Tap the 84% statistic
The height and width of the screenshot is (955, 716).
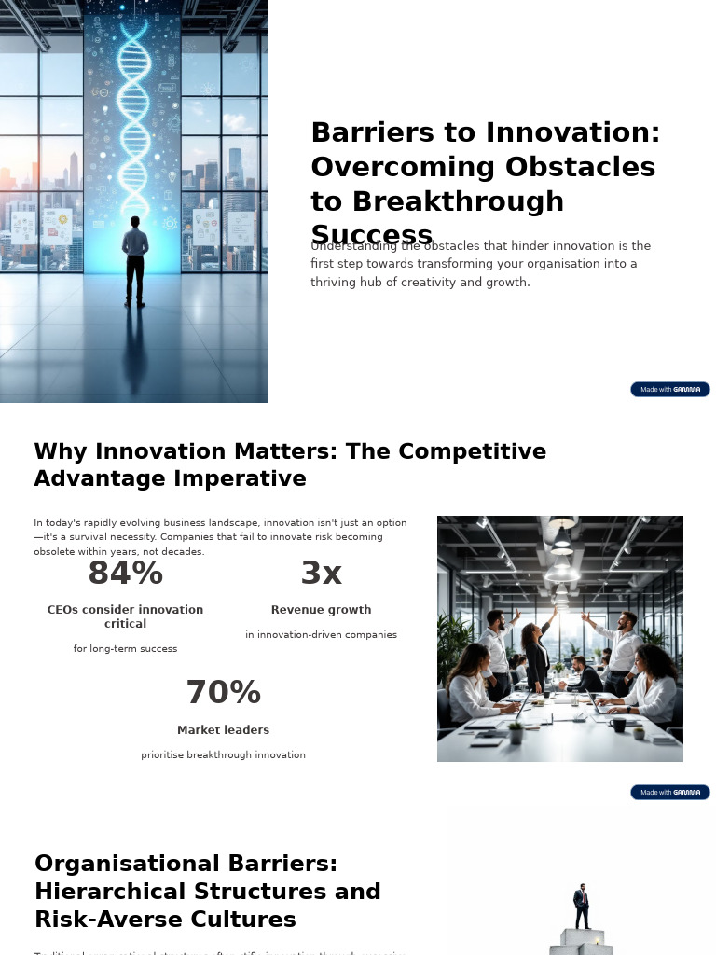[x=125, y=574]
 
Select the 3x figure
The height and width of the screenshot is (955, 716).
[x=322, y=574]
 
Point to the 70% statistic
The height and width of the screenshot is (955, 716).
[x=223, y=693]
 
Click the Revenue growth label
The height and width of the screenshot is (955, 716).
[x=322, y=610]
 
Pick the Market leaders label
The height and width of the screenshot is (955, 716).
[x=223, y=730]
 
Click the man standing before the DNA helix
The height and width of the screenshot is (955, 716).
[x=135, y=261]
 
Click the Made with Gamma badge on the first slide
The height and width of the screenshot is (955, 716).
[x=669, y=390]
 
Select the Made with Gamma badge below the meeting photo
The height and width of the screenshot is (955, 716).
[x=669, y=793]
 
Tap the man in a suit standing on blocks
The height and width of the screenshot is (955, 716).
[x=582, y=907]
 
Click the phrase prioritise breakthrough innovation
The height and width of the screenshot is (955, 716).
[x=223, y=755]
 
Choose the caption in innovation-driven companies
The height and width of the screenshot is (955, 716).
[x=322, y=635]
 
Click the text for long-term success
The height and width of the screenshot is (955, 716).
[x=125, y=649]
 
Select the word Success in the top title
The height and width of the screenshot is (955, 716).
[x=371, y=235]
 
